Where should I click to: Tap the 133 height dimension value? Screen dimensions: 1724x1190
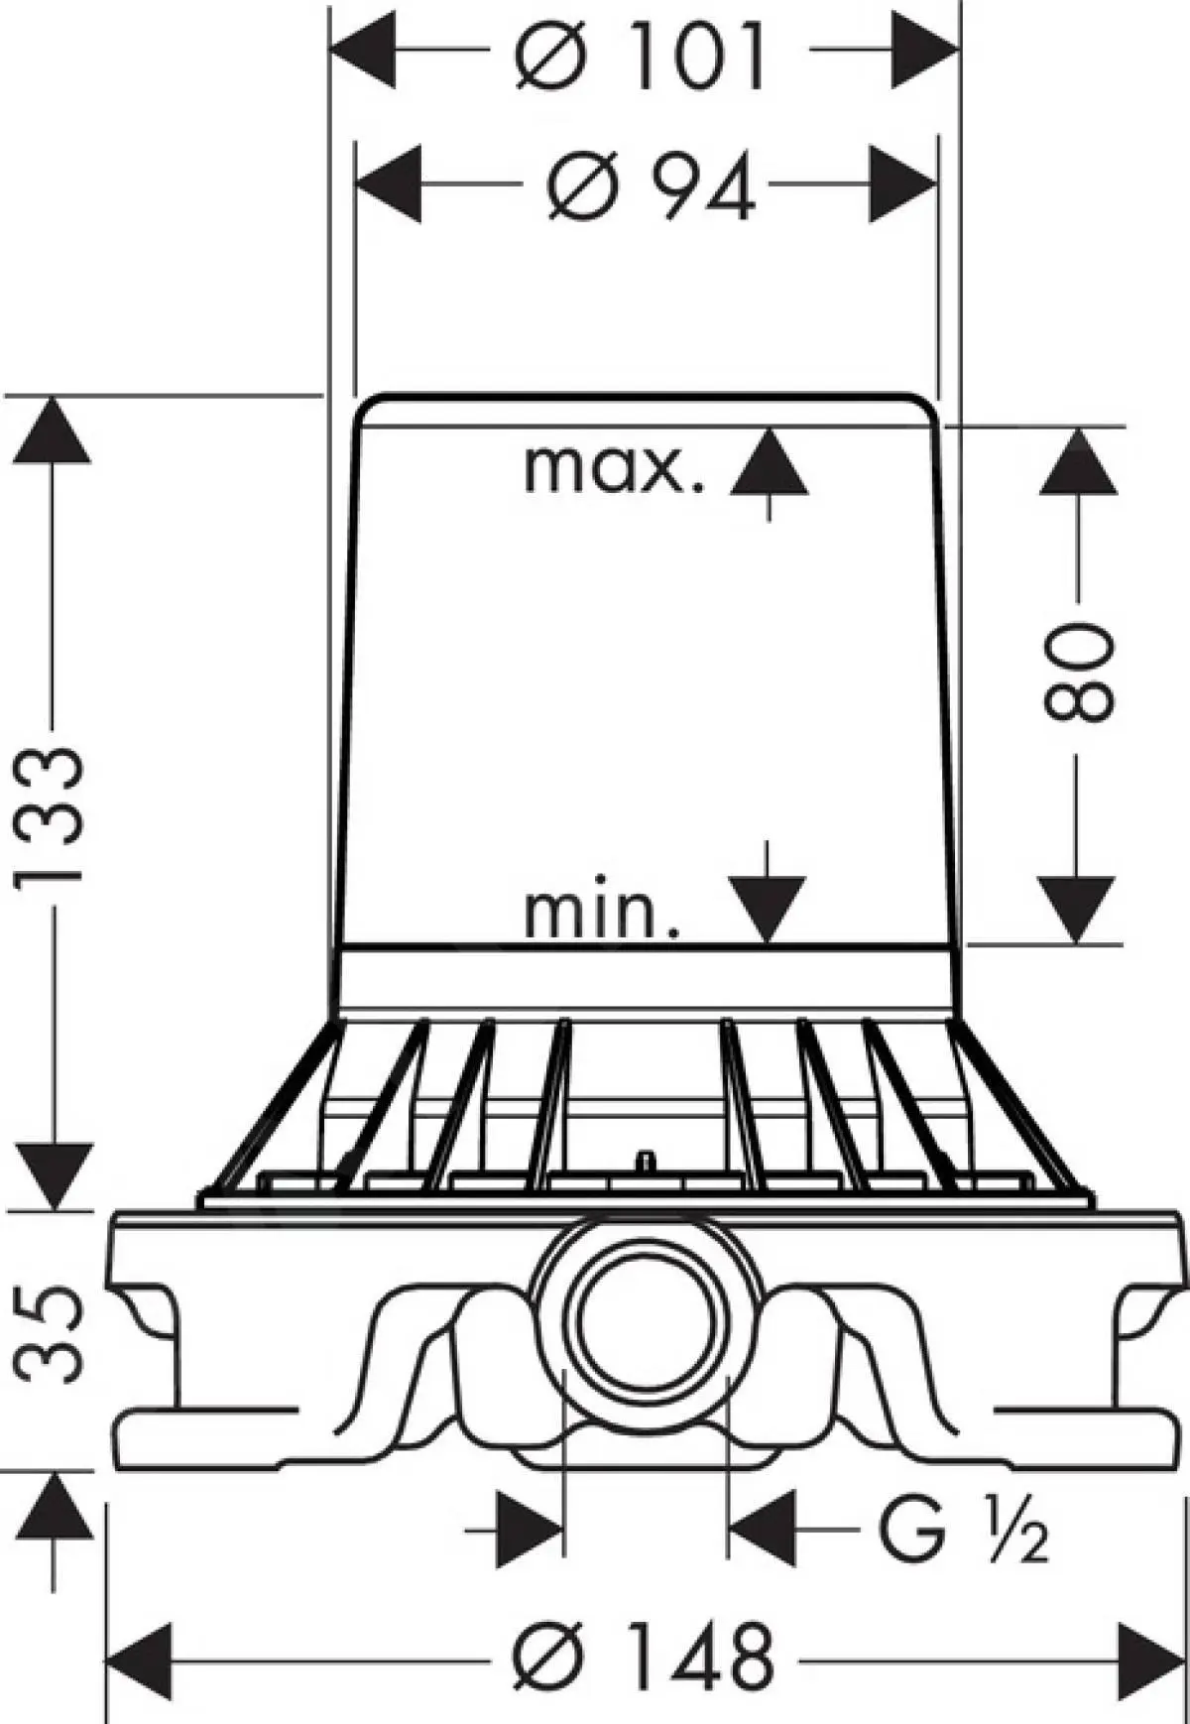tap(52, 815)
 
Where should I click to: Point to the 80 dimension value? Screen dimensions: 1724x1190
tap(1079, 672)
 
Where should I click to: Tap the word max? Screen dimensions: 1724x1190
tap(614, 469)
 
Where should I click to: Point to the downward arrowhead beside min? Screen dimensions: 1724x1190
tap(766, 910)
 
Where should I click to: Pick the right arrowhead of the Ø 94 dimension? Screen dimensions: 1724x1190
tap(903, 185)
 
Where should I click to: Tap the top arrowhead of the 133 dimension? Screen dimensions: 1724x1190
tap(53, 429)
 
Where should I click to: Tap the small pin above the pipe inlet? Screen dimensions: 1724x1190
tap(646, 1158)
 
